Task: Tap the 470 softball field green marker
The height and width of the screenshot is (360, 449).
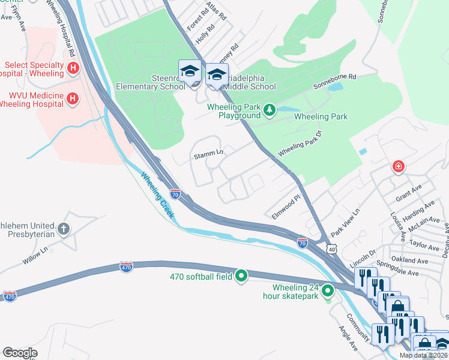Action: click(241, 276)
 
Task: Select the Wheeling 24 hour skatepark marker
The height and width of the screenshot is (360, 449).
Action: click(328, 292)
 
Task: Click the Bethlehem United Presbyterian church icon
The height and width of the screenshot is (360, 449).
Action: click(64, 229)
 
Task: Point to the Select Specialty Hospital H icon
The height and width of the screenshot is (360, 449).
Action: click(73, 69)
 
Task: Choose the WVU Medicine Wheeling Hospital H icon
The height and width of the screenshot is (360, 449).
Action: click(73, 98)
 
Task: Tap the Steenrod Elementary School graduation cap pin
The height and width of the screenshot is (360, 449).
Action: click(190, 73)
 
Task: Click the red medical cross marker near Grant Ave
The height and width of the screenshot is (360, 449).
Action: click(397, 167)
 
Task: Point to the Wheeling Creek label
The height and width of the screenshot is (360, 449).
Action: click(158, 195)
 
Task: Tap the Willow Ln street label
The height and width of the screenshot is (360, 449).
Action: click(42, 255)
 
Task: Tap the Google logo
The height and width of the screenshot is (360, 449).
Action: click(20, 353)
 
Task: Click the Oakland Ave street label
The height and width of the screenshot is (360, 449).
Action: click(409, 261)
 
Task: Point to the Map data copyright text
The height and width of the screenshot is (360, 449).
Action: click(423, 355)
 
